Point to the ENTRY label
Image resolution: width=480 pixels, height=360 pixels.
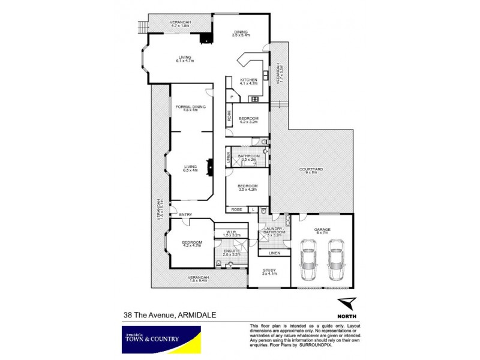tap(185, 214)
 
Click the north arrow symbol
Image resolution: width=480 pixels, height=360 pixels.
tap(346, 303)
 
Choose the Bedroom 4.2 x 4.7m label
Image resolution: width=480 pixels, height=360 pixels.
tap(193, 244)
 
